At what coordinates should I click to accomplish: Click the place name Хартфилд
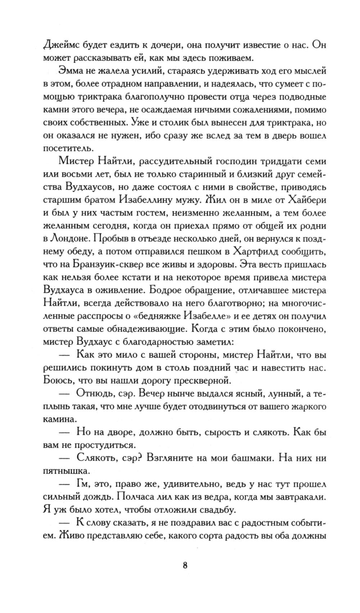point(257,252)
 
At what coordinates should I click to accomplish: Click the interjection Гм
point(83,485)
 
